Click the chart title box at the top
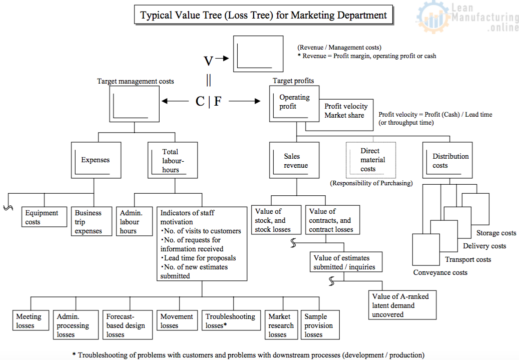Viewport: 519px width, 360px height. click(263, 15)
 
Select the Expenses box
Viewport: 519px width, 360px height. click(96, 160)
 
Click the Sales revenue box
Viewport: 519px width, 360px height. click(295, 161)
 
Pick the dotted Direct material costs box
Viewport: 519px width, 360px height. click(370, 160)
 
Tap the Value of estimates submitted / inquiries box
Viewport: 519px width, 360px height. click(342, 262)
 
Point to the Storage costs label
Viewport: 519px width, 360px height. click(496, 233)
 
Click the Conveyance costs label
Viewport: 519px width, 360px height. click(440, 272)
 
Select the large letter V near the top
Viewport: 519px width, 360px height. click(208, 61)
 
